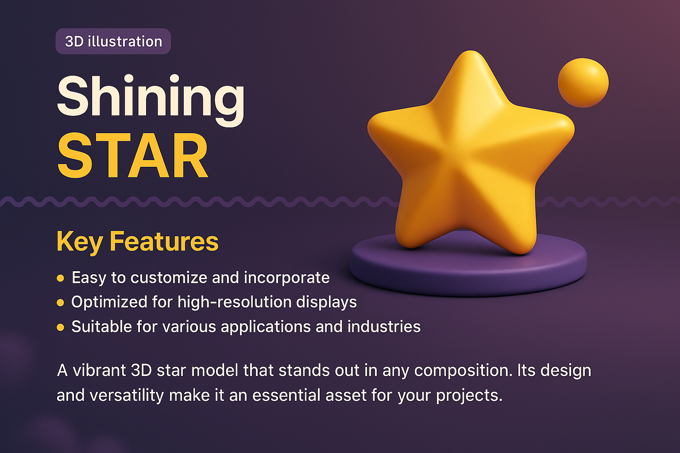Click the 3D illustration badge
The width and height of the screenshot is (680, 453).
tap(113, 42)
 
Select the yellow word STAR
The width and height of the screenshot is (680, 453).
tap(133, 156)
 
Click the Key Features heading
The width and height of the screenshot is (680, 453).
tap(138, 242)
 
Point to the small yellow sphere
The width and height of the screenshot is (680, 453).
tap(583, 83)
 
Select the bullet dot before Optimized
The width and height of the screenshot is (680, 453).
tap(61, 303)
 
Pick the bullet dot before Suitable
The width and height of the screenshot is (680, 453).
tap(61, 328)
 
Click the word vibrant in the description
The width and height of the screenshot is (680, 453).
tap(99, 370)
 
